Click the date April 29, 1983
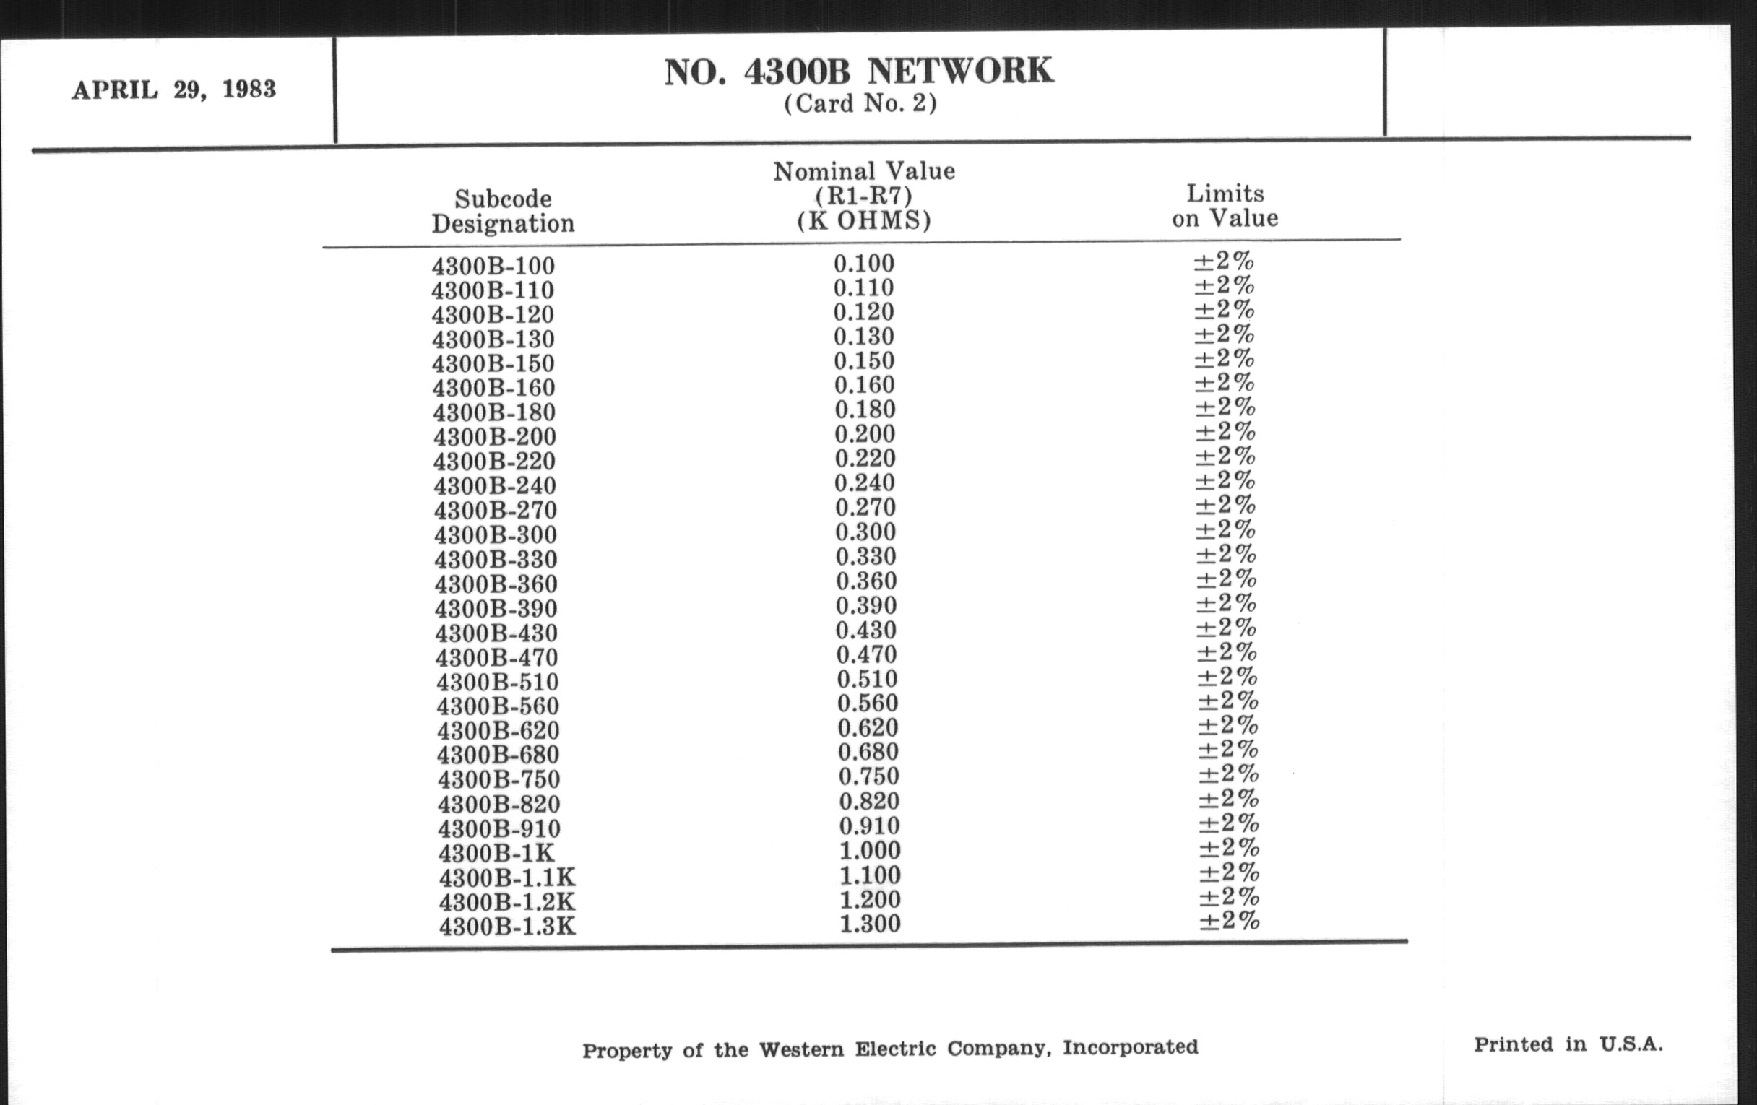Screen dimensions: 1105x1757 click(x=173, y=90)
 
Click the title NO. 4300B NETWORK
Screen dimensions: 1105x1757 click(x=859, y=71)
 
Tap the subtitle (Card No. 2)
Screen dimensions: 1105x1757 click(x=860, y=103)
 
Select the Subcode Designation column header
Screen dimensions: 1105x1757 click(x=503, y=211)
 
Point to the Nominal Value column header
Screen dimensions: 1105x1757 click(x=864, y=196)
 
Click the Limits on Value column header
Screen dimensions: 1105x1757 click(x=1225, y=206)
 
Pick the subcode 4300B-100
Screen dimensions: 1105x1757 click(x=493, y=266)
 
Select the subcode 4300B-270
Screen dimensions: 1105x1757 click(x=496, y=510)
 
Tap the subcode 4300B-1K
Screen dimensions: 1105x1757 click(x=497, y=853)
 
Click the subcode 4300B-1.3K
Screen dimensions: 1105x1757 click(x=507, y=927)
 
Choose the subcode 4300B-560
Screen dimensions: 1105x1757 click(x=498, y=706)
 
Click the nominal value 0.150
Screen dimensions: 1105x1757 click(x=864, y=361)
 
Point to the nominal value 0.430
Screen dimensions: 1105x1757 click(x=866, y=630)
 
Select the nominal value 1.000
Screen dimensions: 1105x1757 click(x=870, y=851)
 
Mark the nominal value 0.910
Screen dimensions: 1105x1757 click(x=869, y=825)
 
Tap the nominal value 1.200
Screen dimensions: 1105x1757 click(x=870, y=899)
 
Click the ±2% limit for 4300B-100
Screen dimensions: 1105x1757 click(x=1224, y=261)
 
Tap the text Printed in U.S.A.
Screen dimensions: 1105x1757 click(x=1568, y=1044)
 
